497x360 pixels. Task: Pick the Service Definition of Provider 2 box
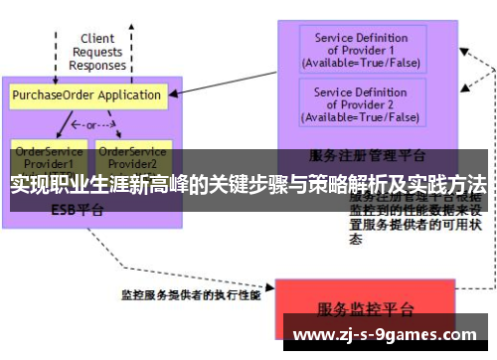[x=360, y=104]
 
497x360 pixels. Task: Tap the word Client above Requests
[x=97, y=40]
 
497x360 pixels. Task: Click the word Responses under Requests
[x=97, y=67]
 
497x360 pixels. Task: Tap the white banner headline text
[x=248, y=185]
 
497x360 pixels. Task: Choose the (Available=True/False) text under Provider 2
[x=360, y=117]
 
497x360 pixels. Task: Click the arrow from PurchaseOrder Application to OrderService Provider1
[x=64, y=124]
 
